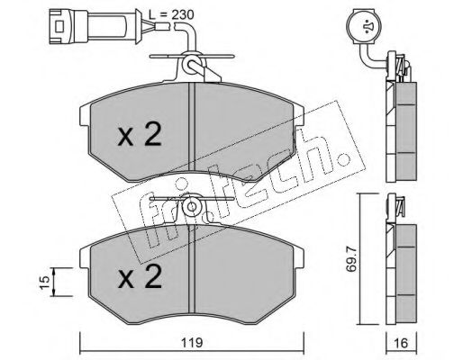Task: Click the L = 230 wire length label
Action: pos(172,14)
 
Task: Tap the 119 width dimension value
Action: pos(192,342)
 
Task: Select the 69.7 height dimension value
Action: pos(350,258)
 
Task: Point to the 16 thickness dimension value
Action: pos(401,343)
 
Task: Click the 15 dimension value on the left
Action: pos(44,283)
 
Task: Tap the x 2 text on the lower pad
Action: pos(140,276)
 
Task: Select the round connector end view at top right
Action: pos(364,26)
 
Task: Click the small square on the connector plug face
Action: pos(59,27)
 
